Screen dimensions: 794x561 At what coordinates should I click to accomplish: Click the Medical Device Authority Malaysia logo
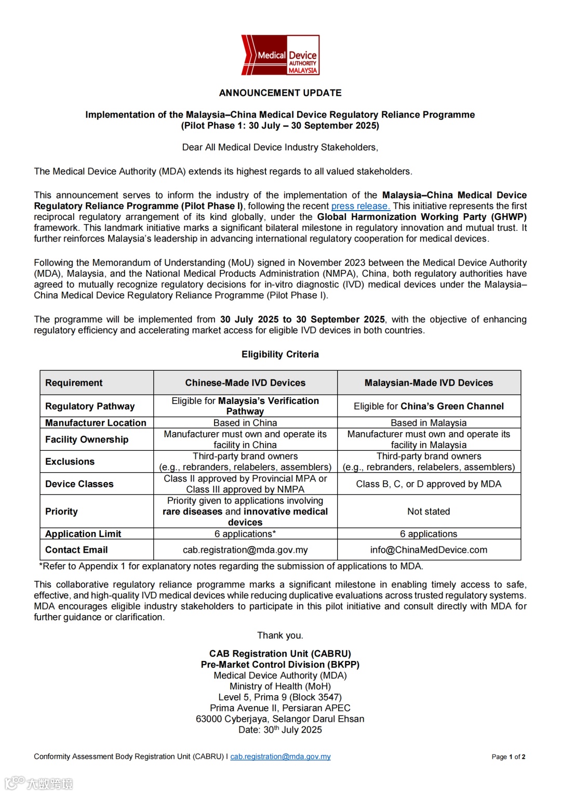pyautogui.click(x=280, y=55)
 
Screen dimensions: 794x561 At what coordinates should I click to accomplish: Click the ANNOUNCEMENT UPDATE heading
pyautogui.click(x=280, y=93)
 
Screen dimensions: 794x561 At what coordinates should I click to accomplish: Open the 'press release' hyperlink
pyautogui.click(x=360, y=206)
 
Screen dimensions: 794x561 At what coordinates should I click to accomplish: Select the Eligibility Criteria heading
pyautogui.click(x=280, y=354)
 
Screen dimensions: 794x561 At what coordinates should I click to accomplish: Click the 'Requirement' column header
pyautogui.click(x=74, y=383)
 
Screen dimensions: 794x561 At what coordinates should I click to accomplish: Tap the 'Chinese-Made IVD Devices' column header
pyautogui.click(x=245, y=383)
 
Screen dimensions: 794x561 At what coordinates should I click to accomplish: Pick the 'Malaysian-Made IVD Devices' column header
pyautogui.click(x=429, y=383)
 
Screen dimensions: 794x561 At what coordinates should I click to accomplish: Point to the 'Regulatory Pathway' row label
pyautogui.click(x=90, y=406)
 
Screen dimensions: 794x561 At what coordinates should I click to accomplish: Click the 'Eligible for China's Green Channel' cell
pyautogui.click(x=429, y=406)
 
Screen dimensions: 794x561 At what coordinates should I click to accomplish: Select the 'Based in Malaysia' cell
pyautogui.click(x=429, y=423)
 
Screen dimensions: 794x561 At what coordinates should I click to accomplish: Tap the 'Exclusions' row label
pyautogui.click(x=70, y=462)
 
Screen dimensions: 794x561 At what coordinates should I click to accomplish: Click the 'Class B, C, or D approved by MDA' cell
pyautogui.click(x=429, y=484)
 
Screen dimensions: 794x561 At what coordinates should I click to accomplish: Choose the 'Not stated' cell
pyautogui.click(x=429, y=512)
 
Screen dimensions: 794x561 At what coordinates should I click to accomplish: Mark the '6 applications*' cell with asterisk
pyautogui.click(x=245, y=534)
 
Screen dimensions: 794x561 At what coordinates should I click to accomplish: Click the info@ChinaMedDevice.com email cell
pyautogui.click(x=429, y=550)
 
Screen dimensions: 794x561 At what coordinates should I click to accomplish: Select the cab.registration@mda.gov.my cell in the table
pyautogui.click(x=245, y=550)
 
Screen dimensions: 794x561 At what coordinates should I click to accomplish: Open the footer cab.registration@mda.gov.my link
pyautogui.click(x=280, y=757)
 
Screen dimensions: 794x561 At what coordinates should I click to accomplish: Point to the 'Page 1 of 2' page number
pyautogui.click(x=508, y=757)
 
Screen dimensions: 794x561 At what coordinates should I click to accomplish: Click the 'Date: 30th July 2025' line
pyautogui.click(x=280, y=730)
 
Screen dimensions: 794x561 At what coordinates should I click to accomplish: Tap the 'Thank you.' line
pyautogui.click(x=280, y=635)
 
